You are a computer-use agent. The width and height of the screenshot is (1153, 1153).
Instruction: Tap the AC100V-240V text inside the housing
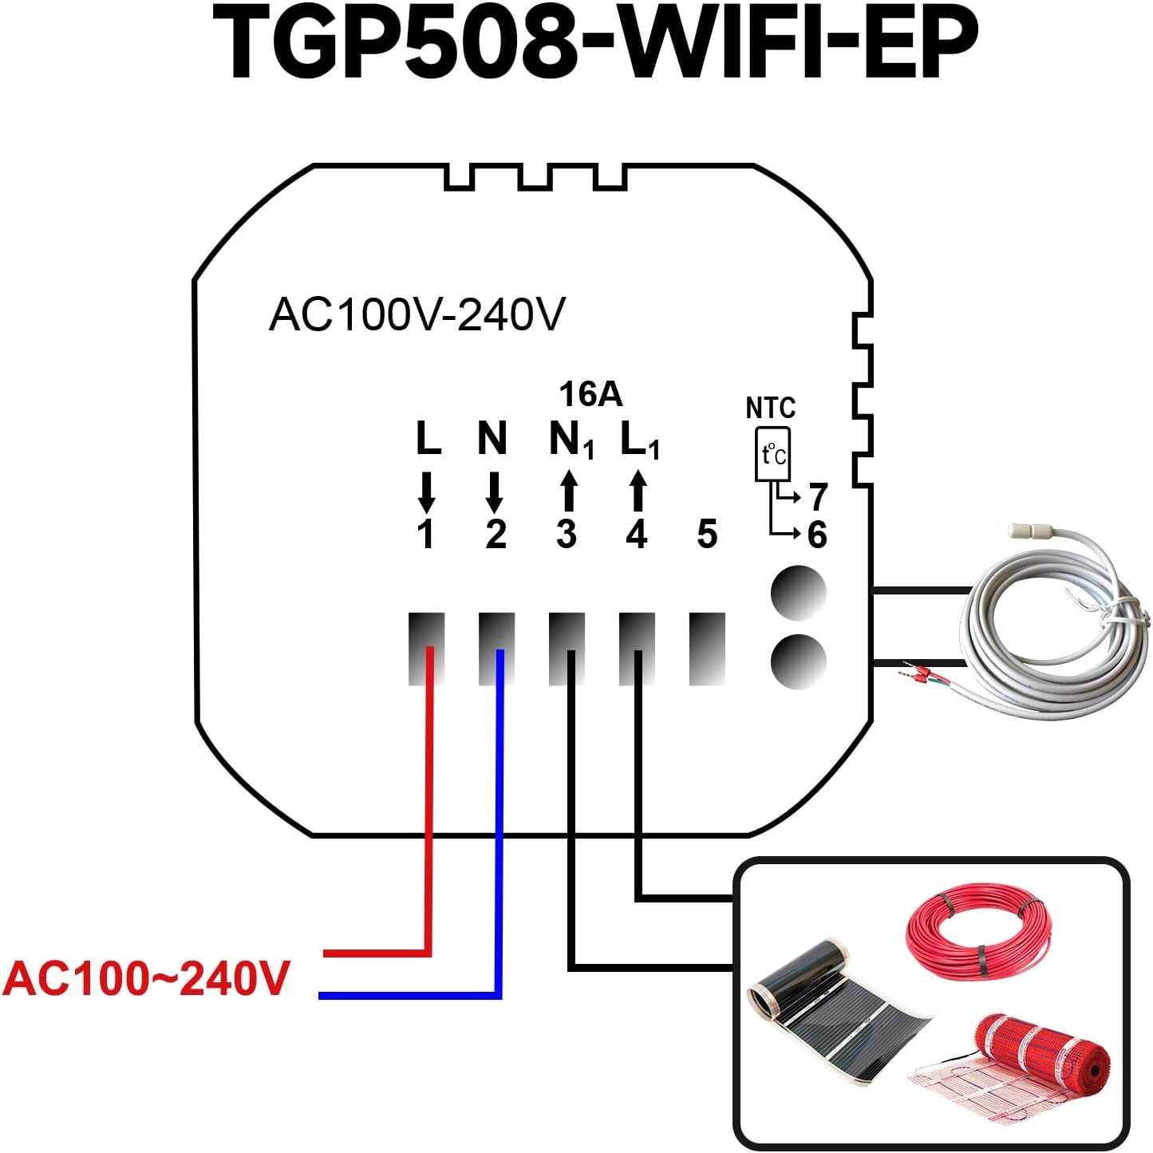click(417, 314)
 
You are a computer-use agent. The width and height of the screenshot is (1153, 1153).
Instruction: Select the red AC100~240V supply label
click(146, 978)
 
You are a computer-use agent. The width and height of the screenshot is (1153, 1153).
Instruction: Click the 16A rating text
click(590, 394)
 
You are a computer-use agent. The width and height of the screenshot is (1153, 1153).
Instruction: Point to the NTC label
click(770, 409)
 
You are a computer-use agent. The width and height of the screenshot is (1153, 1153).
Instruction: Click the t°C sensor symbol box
click(772, 455)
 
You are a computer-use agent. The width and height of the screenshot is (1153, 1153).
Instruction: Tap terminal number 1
click(426, 535)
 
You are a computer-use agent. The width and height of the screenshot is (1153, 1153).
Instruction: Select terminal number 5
click(707, 535)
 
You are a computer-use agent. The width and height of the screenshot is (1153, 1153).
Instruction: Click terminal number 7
click(818, 497)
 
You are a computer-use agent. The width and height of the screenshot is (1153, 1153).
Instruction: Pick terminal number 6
click(817, 535)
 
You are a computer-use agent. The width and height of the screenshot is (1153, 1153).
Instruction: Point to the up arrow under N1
click(568, 491)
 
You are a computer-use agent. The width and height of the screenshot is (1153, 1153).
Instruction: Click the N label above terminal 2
click(492, 438)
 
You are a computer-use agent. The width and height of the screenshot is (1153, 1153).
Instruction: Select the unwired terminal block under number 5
click(707, 649)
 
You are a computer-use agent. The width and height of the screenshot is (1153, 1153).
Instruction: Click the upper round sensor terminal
click(798, 593)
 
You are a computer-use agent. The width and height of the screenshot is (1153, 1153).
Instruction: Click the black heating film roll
click(838, 1017)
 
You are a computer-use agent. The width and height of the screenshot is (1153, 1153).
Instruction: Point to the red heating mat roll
click(1037, 1053)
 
